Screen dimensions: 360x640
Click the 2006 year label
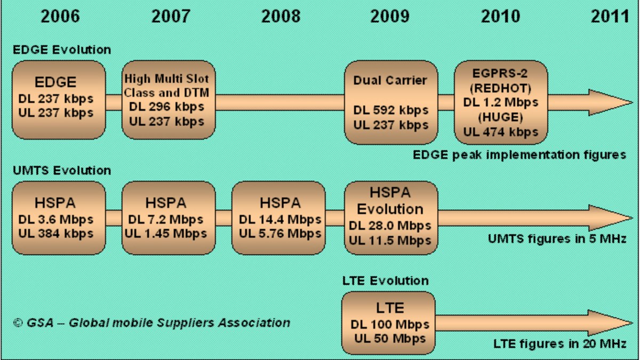60,16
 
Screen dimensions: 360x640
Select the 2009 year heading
390,16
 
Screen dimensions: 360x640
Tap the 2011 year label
610,16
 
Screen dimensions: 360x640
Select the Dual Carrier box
390,102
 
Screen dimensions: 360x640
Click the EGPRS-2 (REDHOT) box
500,102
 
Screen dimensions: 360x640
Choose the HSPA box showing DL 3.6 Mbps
59,218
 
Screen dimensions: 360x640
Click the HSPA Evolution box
390,218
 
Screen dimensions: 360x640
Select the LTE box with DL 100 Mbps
389,323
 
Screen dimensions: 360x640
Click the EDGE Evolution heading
62,50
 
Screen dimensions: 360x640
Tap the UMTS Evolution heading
62,171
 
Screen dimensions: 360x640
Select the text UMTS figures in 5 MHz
556,238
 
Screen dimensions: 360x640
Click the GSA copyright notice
152,323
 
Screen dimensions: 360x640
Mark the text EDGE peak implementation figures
519,155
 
